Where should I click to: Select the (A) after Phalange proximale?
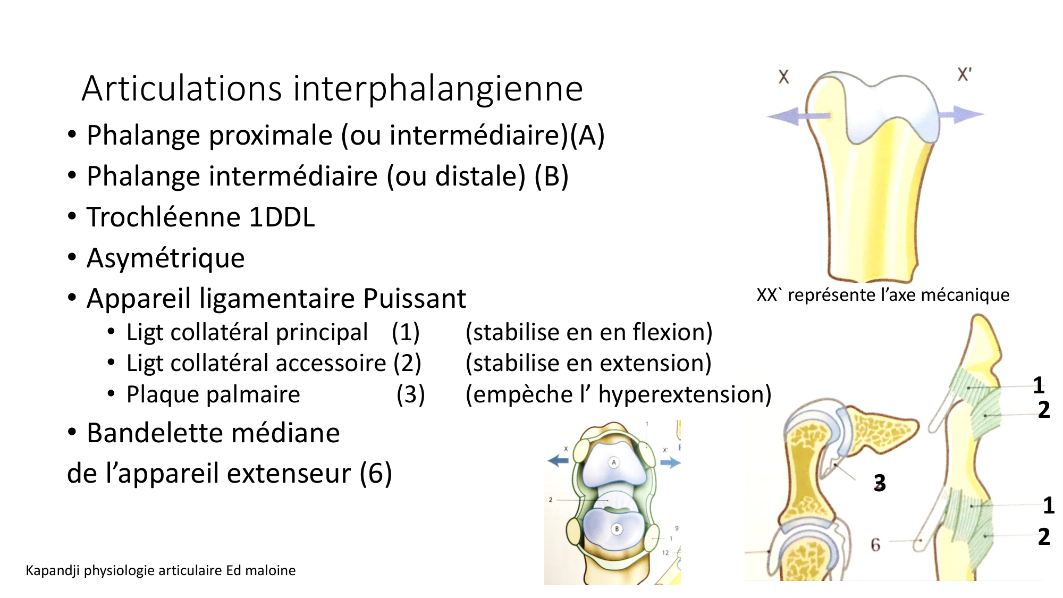(x=587, y=135)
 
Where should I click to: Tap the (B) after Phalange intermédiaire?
(x=551, y=176)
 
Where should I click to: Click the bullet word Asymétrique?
(x=165, y=258)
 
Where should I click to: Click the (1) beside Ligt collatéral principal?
(x=406, y=332)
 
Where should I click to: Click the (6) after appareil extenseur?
(x=375, y=473)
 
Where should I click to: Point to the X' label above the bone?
(x=964, y=74)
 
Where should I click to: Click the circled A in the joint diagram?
(x=614, y=462)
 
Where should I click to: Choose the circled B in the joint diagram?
(x=617, y=529)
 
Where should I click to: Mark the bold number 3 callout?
(x=880, y=483)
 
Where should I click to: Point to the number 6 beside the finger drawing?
(x=875, y=544)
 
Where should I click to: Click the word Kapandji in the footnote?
(x=53, y=571)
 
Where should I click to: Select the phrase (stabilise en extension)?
(x=588, y=364)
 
